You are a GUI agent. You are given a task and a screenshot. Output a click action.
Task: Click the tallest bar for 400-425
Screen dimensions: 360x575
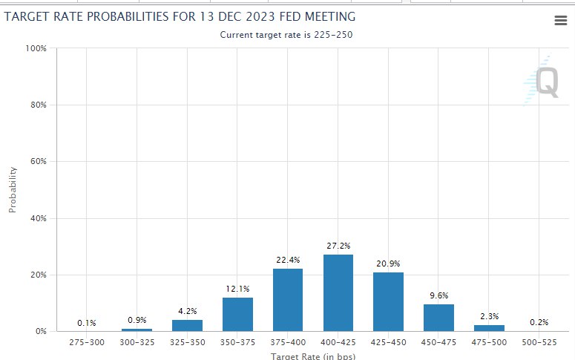coord(338,292)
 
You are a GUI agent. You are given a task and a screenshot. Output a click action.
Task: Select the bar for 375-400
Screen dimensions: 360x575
coord(288,299)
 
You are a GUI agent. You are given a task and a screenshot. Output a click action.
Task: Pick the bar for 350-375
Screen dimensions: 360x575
coord(237,314)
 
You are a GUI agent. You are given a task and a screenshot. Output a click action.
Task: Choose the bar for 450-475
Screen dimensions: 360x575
coord(438,317)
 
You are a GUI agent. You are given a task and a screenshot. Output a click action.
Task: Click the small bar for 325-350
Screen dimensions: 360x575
coord(187,325)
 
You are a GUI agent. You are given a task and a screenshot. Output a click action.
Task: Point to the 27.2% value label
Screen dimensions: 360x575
coord(338,246)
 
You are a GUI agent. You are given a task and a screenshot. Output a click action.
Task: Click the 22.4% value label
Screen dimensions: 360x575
coord(288,259)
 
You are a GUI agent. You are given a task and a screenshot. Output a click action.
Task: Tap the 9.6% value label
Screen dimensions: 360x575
coord(439,295)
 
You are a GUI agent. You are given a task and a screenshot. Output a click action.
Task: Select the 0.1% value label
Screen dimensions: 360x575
coord(87,323)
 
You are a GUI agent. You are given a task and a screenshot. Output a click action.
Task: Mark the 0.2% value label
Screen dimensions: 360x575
coord(539,322)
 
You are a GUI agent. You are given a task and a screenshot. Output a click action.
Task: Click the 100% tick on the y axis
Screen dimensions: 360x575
coord(36,48)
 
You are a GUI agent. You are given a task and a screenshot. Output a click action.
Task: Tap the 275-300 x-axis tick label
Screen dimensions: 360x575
coord(87,342)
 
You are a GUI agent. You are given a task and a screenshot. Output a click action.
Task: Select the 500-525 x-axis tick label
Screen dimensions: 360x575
coord(539,342)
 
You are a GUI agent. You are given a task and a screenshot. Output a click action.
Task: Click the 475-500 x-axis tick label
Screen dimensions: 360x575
coord(489,342)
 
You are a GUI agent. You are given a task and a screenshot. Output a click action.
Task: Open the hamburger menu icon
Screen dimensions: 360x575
coord(561,21)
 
